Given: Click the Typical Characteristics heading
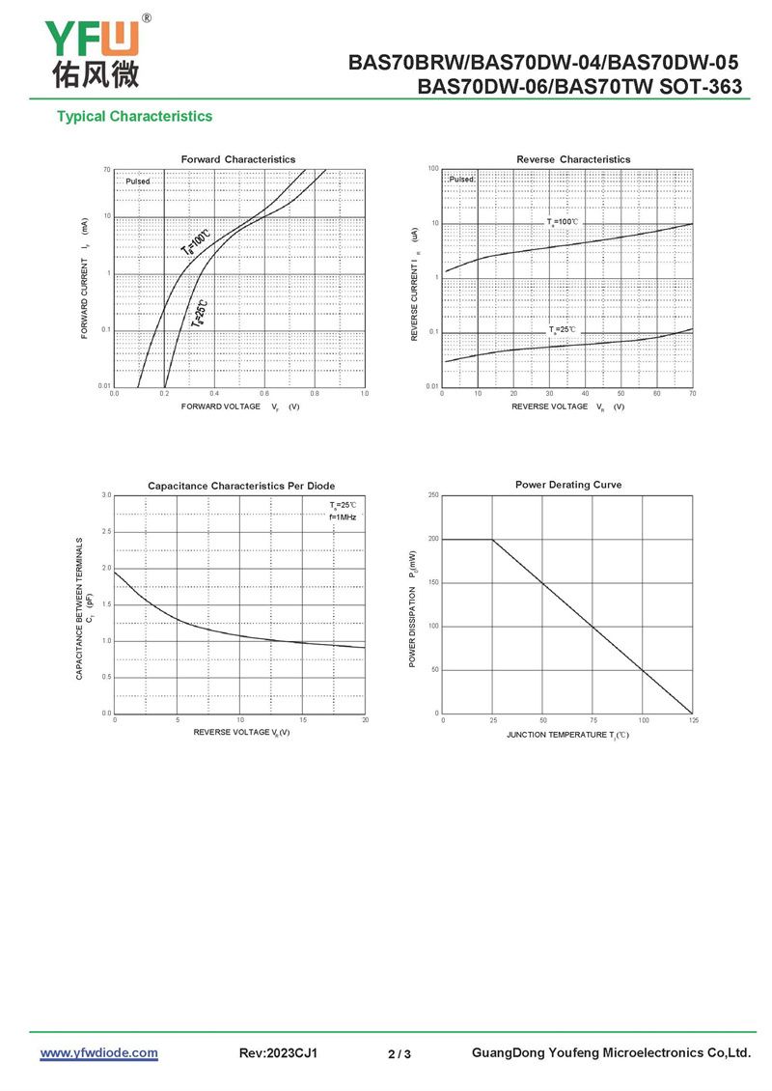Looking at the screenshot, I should (134, 117).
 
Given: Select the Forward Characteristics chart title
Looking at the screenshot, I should (238, 159).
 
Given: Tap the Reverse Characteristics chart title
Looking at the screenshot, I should (573, 159).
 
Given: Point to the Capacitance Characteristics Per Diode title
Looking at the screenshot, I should (241, 486).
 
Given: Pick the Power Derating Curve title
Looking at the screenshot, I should (568, 485).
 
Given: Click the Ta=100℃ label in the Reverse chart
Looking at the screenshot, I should (564, 222).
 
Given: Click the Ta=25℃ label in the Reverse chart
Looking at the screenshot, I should (563, 330).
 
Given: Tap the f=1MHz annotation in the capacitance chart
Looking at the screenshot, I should (343, 518).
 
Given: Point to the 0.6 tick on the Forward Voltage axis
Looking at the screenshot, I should (264, 394).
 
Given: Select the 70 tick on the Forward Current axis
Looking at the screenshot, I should (107, 170).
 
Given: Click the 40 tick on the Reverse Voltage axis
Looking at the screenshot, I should (586, 394).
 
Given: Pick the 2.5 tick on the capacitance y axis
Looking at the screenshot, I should (106, 532).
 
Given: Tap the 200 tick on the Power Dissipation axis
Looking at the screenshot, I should (434, 540).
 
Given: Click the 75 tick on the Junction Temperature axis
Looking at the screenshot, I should (593, 720).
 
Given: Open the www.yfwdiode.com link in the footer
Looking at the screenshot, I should (98, 1052).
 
